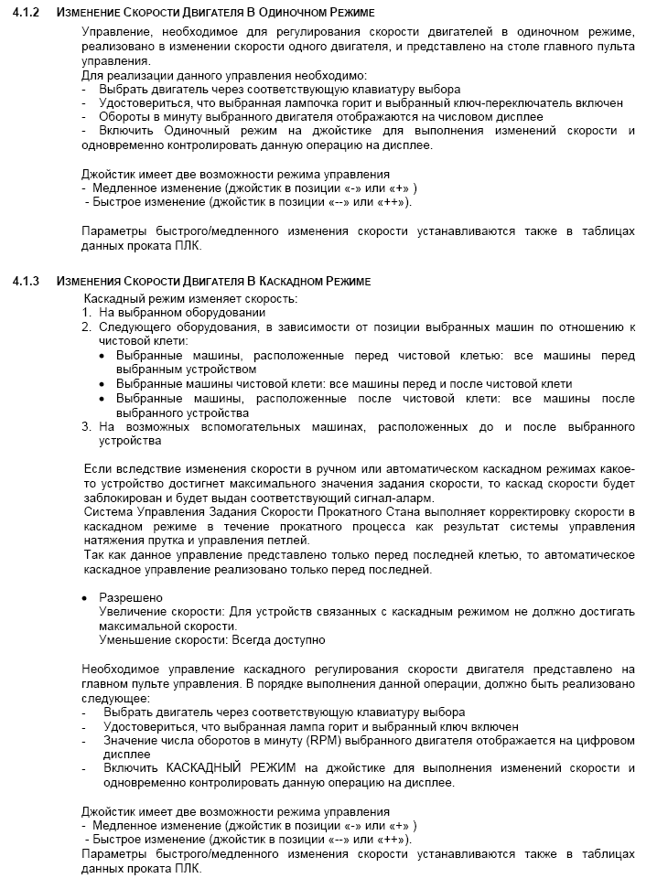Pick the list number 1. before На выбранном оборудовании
(x=87, y=312)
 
